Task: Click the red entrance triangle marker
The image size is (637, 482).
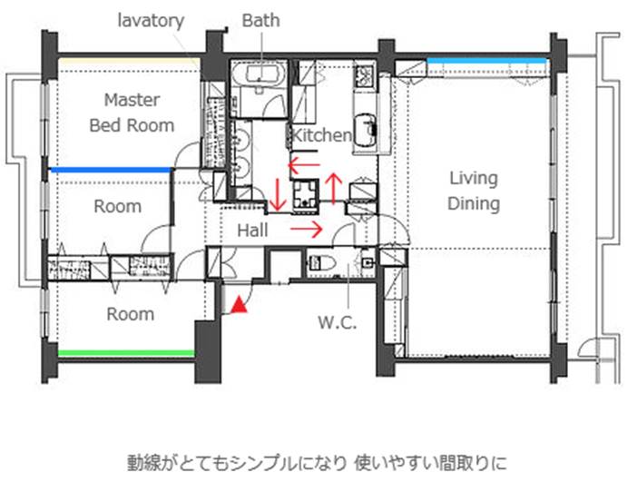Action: pyautogui.click(x=240, y=305)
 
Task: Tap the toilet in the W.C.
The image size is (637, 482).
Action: pyautogui.click(x=322, y=263)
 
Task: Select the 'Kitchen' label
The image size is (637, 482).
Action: pyautogui.click(x=321, y=135)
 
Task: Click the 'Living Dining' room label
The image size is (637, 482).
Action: pyautogui.click(x=474, y=191)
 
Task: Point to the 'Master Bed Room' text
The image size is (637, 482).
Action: pyautogui.click(x=132, y=113)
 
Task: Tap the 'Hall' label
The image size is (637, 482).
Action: pyautogui.click(x=252, y=231)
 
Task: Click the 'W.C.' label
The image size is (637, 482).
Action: pyautogui.click(x=338, y=322)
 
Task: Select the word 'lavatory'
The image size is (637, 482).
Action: pyautogui.click(x=151, y=20)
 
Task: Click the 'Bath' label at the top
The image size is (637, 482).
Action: pyautogui.click(x=260, y=20)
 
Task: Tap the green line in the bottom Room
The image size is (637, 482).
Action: pyautogui.click(x=126, y=353)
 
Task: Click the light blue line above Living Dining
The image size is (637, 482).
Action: pyautogui.click(x=485, y=61)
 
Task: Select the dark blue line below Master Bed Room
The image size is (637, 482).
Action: pyautogui.click(x=110, y=170)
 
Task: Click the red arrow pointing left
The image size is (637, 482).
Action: pyautogui.click(x=304, y=164)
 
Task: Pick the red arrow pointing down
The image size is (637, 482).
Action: pyautogui.click(x=278, y=194)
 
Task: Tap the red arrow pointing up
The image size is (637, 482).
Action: pyautogui.click(x=334, y=188)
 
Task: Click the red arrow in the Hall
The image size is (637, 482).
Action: pyautogui.click(x=307, y=230)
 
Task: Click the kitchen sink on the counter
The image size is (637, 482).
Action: pyautogui.click(x=365, y=130)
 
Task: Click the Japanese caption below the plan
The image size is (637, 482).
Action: pyautogui.click(x=317, y=463)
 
